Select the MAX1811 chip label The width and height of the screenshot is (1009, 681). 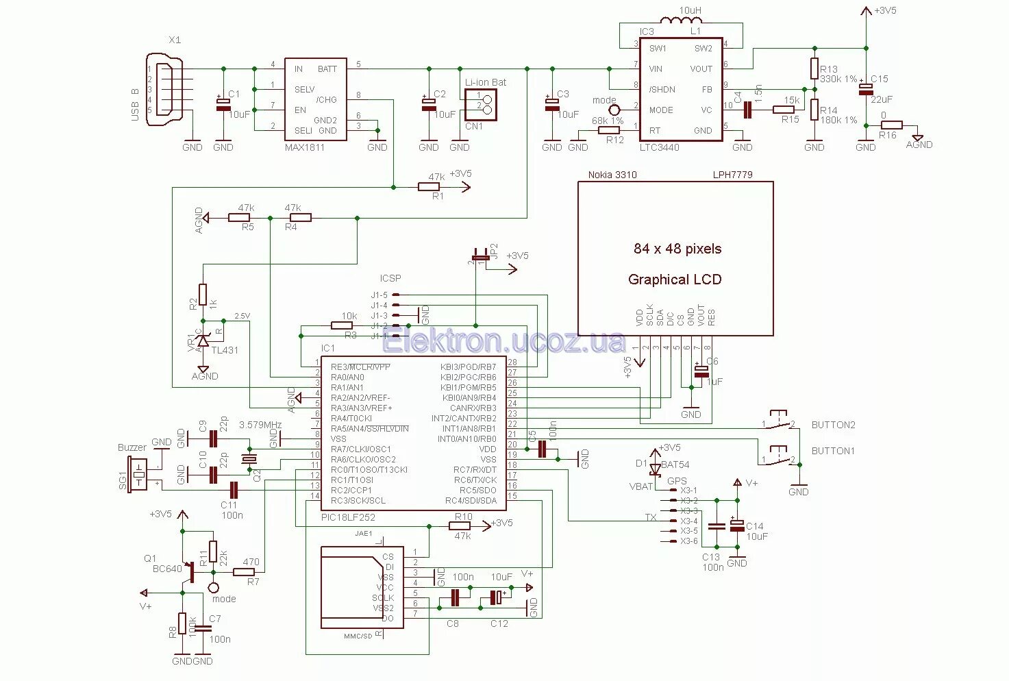[304, 147]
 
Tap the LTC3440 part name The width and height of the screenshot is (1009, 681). [659, 147]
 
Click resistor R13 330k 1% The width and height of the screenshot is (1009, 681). [814, 69]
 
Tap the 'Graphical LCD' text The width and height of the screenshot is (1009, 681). [674, 280]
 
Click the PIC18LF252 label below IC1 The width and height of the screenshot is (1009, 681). [348, 517]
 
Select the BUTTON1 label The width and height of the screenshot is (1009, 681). [833, 451]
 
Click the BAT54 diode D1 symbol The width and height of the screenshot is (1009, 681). [656, 469]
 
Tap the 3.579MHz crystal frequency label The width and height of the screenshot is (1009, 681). [260, 425]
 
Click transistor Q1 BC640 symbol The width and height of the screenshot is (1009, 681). [188, 572]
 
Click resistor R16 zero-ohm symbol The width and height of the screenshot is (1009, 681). [891, 125]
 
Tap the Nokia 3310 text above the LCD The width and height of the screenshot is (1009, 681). [612, 175]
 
